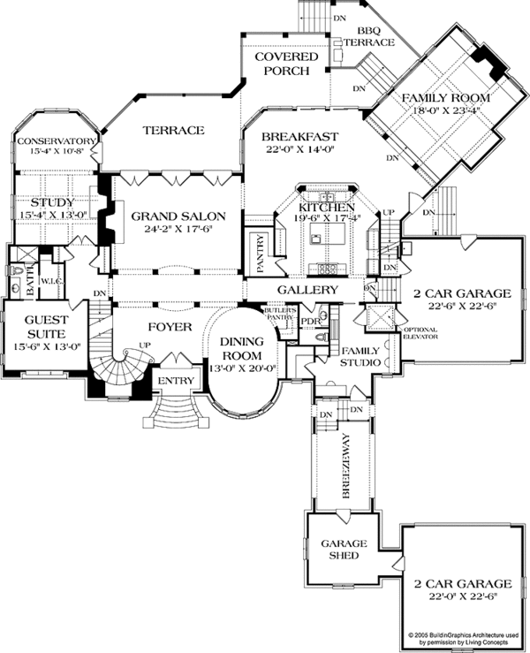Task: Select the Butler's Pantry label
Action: pos(277,314)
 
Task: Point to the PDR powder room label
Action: pos(308,321)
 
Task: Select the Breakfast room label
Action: pos(299,137)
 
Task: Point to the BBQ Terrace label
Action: pos(363,36)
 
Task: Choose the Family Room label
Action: pos(433,98)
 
